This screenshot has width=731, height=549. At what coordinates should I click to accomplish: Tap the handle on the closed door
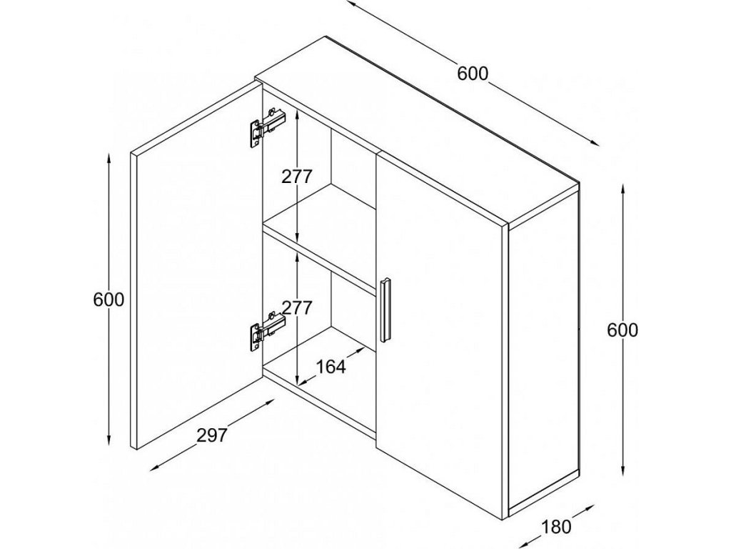click(x=386, y=309)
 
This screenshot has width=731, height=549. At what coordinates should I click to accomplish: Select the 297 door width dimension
click(x=212, y=435)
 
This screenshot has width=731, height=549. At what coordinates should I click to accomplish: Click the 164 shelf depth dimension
click(x=330, y=367)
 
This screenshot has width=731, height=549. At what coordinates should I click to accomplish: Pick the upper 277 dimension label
click(x=296, y=177)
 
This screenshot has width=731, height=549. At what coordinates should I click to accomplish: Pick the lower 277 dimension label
click(x=296, y=308)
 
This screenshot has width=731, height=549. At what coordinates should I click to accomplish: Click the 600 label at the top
click(x=473, y=74)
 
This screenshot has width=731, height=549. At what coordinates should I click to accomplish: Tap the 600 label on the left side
click(x=109, y=300)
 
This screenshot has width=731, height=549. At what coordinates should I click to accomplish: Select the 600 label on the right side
click(x=622, y=330)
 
